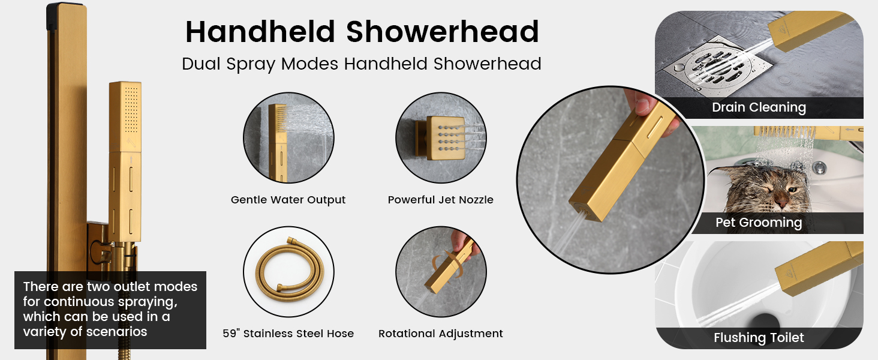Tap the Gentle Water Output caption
(288, 200)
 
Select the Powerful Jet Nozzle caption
(440, 200)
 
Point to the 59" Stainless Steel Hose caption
(288, 334)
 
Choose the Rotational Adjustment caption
(440, 334)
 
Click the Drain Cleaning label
(759, 108)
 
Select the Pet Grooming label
(759, 223)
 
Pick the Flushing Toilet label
(759, 338)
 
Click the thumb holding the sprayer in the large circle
(639, 103)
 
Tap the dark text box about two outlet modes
(110, 310)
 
